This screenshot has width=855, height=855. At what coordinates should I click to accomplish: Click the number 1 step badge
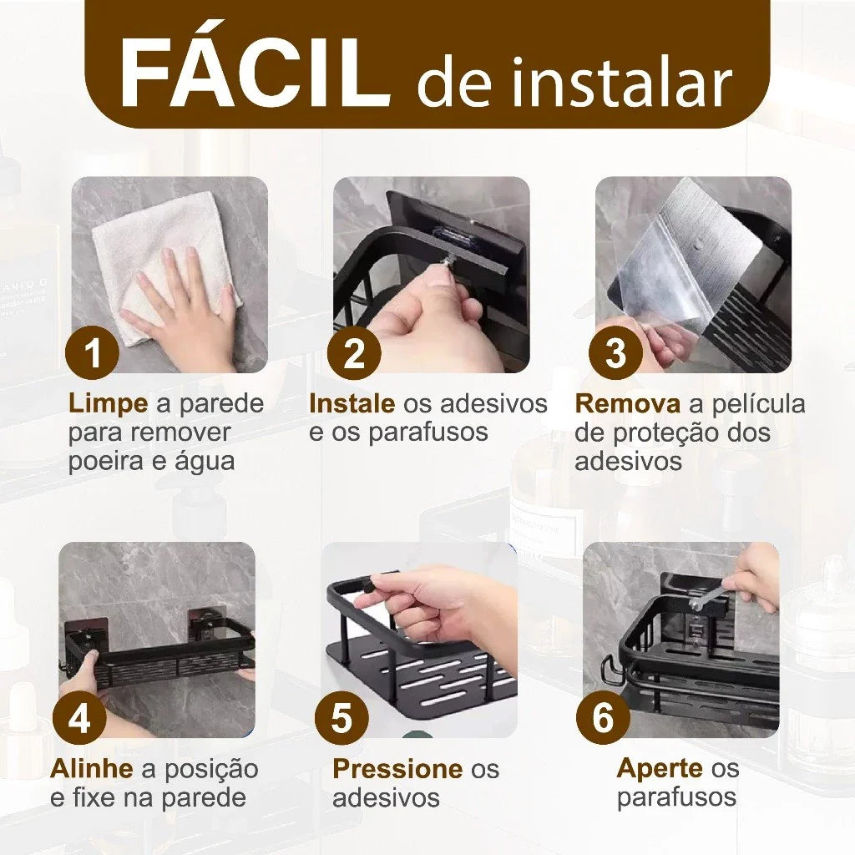94,353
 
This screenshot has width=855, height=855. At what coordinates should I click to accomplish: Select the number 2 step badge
354,353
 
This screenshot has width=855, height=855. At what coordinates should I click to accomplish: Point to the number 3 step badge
615,353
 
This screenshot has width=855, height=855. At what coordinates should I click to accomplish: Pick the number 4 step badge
79,718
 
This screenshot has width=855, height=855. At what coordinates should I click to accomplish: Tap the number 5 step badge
341,718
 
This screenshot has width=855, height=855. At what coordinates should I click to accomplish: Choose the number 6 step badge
603,718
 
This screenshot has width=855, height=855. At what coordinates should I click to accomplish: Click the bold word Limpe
108,404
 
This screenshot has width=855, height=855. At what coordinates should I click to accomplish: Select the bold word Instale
352,404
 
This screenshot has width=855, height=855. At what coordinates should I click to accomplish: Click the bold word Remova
627,404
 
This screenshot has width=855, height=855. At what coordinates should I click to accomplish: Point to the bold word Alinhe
91,768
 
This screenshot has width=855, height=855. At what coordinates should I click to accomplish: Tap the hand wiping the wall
184,309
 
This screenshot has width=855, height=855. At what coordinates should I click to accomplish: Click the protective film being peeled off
685,250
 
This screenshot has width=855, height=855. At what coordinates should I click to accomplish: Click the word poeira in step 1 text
107,461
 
